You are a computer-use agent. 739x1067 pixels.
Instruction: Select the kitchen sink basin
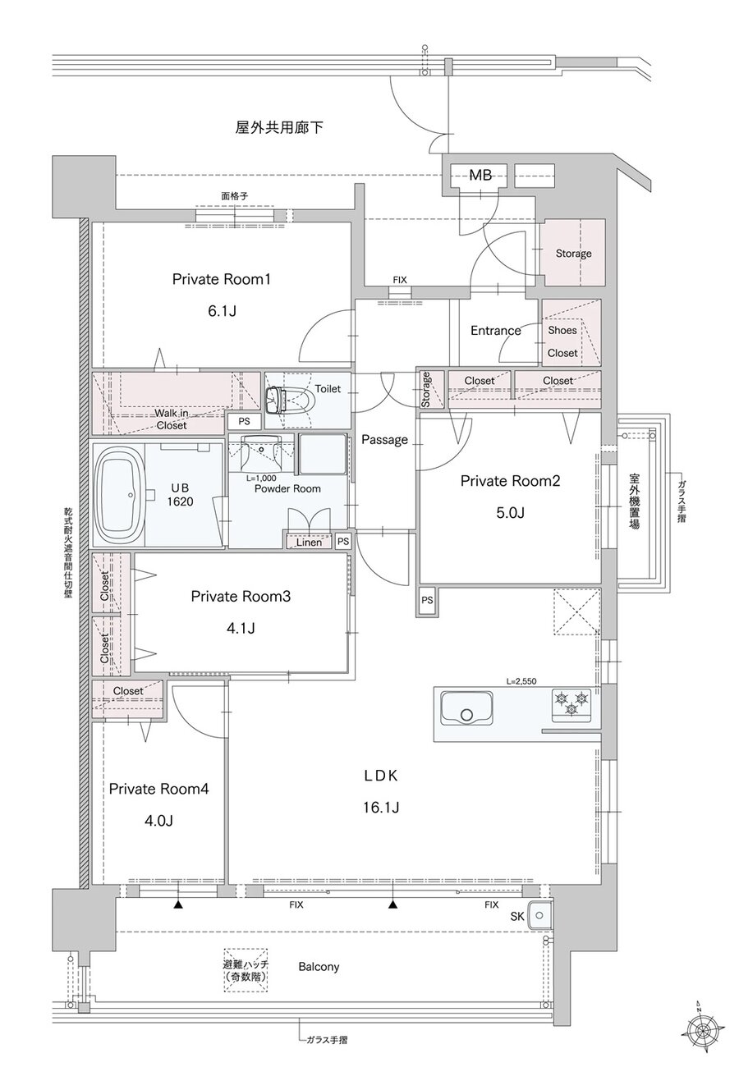click(x=466, y=708)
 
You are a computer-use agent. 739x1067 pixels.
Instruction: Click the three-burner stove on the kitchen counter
click(x=571, y=702)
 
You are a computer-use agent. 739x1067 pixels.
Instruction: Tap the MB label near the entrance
click(x=480, y=176)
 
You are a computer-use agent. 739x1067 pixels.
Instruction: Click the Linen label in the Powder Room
click(x=309, y=543)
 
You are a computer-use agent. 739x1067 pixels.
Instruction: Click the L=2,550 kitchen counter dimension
click(x=521, y=681)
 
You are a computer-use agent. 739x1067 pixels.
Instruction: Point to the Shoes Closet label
click(x=562, y=341)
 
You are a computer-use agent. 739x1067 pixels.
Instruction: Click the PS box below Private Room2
click(x=427, y=601)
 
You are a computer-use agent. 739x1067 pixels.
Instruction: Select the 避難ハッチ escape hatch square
click(x=246, y=970)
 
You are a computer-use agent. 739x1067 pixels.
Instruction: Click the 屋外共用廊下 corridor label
click(x=279, y=128)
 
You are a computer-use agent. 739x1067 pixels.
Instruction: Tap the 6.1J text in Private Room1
click(x=222, y=311)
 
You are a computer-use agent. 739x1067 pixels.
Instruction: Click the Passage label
click(x=384, y=440)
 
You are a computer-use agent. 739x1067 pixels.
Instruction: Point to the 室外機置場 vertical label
click(x=634, y=501)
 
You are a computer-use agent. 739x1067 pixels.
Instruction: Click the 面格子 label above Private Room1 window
click(x=235, y=196)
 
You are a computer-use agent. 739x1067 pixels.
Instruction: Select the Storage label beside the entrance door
click(x=574, y=254)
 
